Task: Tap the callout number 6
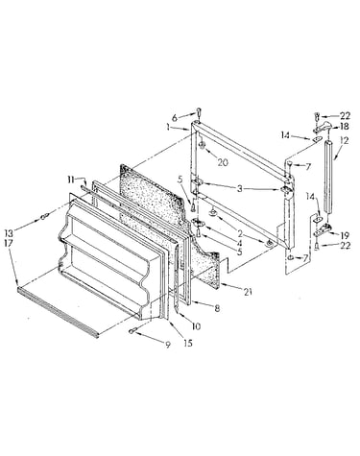(175, 118)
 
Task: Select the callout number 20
(223, 162)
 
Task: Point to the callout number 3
(240, 188)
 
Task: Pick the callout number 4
(239, 243)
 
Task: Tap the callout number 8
(217, 309)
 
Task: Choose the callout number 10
(196, 326)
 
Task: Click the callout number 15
(188, 343)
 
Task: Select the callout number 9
(168, 345)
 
